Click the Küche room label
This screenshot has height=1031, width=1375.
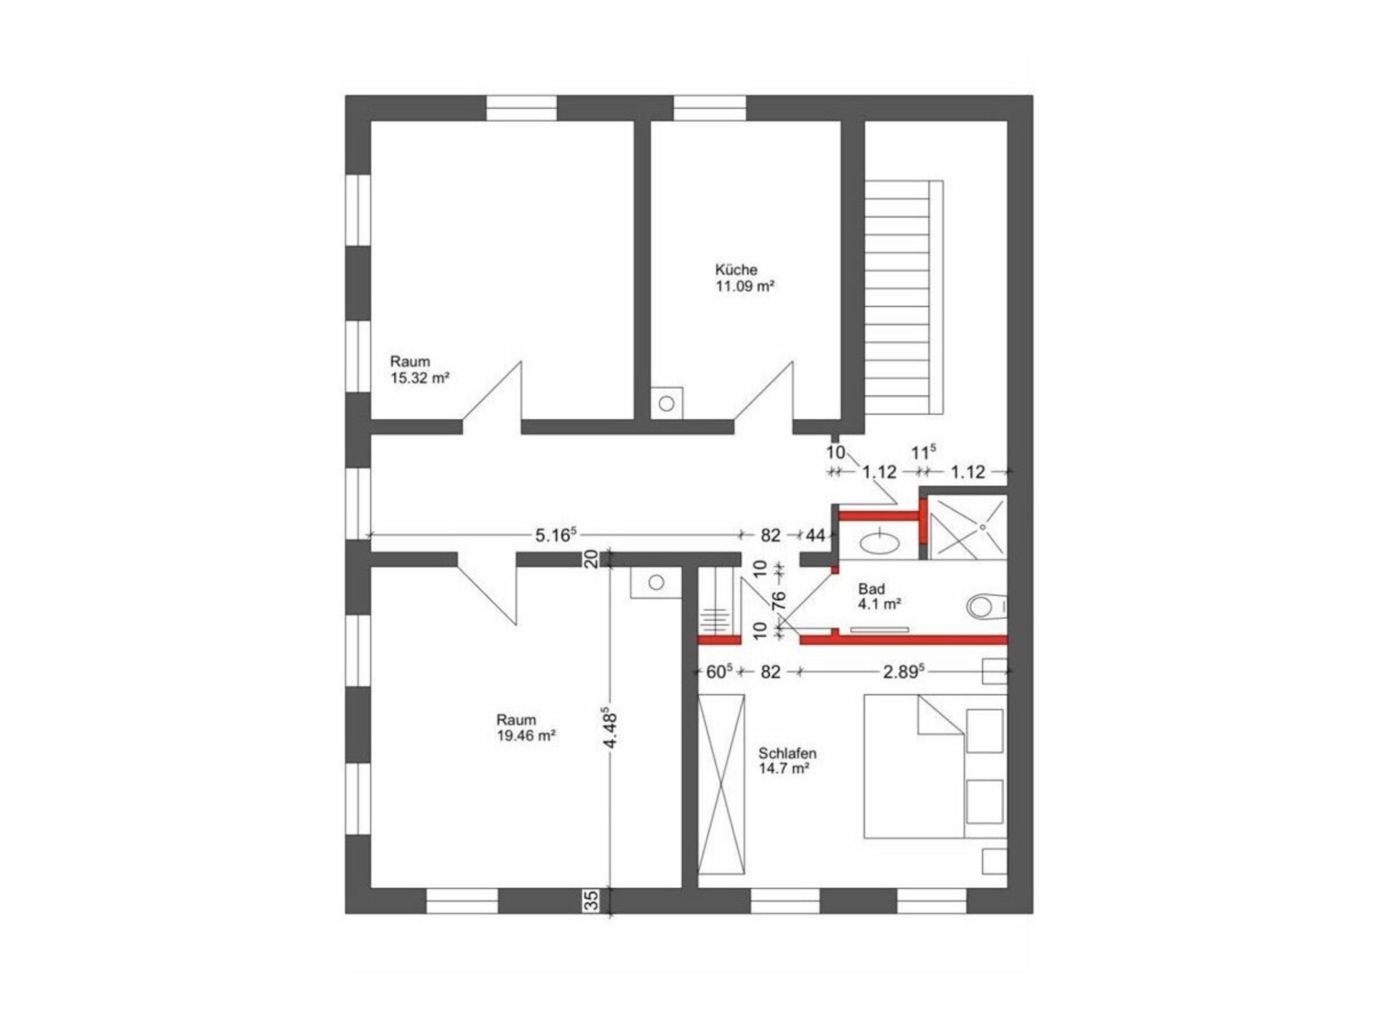[735, 270]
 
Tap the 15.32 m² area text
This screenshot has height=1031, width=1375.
[420, 378]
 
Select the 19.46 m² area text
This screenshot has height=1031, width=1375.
[526, 735]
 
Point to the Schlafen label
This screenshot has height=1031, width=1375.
[787, 753]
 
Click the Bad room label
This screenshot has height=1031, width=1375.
[872, 589]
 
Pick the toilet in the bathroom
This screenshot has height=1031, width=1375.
[987, 607]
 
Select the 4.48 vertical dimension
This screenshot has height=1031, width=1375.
[611, 728]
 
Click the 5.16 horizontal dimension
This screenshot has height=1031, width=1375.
[556, 534]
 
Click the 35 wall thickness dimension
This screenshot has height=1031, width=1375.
[592, 901]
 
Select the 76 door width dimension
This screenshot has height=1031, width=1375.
[780, 599]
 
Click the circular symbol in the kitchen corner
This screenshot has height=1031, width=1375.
[667, 403]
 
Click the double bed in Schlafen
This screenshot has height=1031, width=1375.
[935, 765]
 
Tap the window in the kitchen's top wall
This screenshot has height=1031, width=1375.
[710, 108]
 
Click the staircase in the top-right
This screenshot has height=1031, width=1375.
[904, 296]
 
